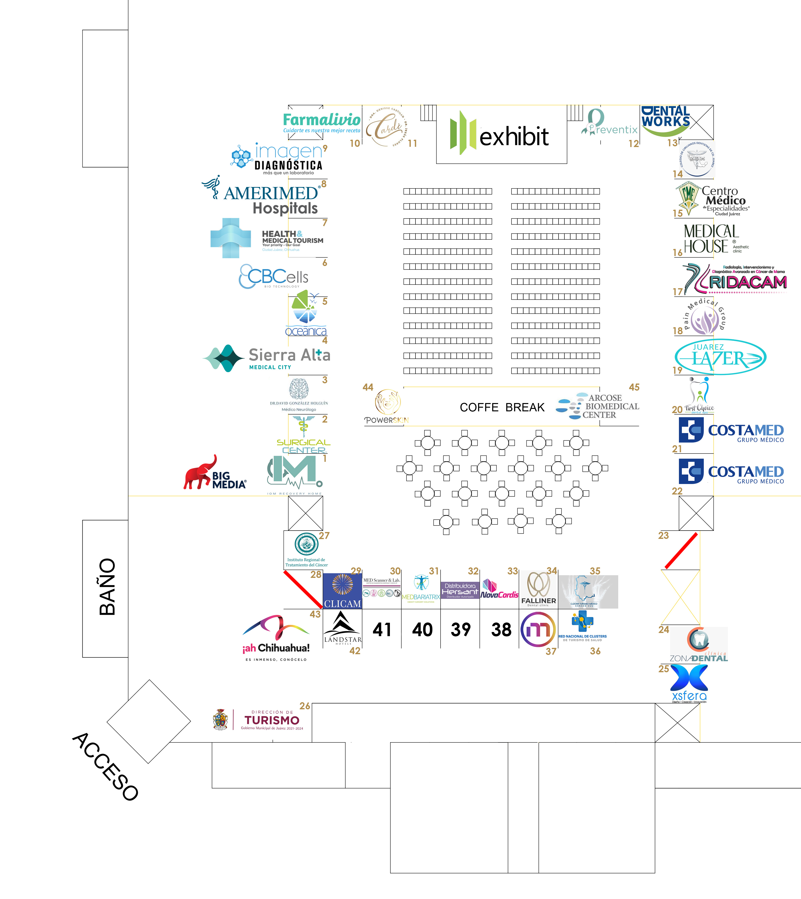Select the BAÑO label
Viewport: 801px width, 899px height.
point(107,587)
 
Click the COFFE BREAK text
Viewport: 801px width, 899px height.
point(502,407)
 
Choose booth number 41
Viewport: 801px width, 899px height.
point(382,630)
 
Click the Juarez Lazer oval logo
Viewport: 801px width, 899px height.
point(720,357)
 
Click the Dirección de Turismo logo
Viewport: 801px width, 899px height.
point(260,720)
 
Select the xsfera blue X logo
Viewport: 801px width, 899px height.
point(689,683)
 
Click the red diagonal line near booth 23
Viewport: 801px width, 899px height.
point(681,550)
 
